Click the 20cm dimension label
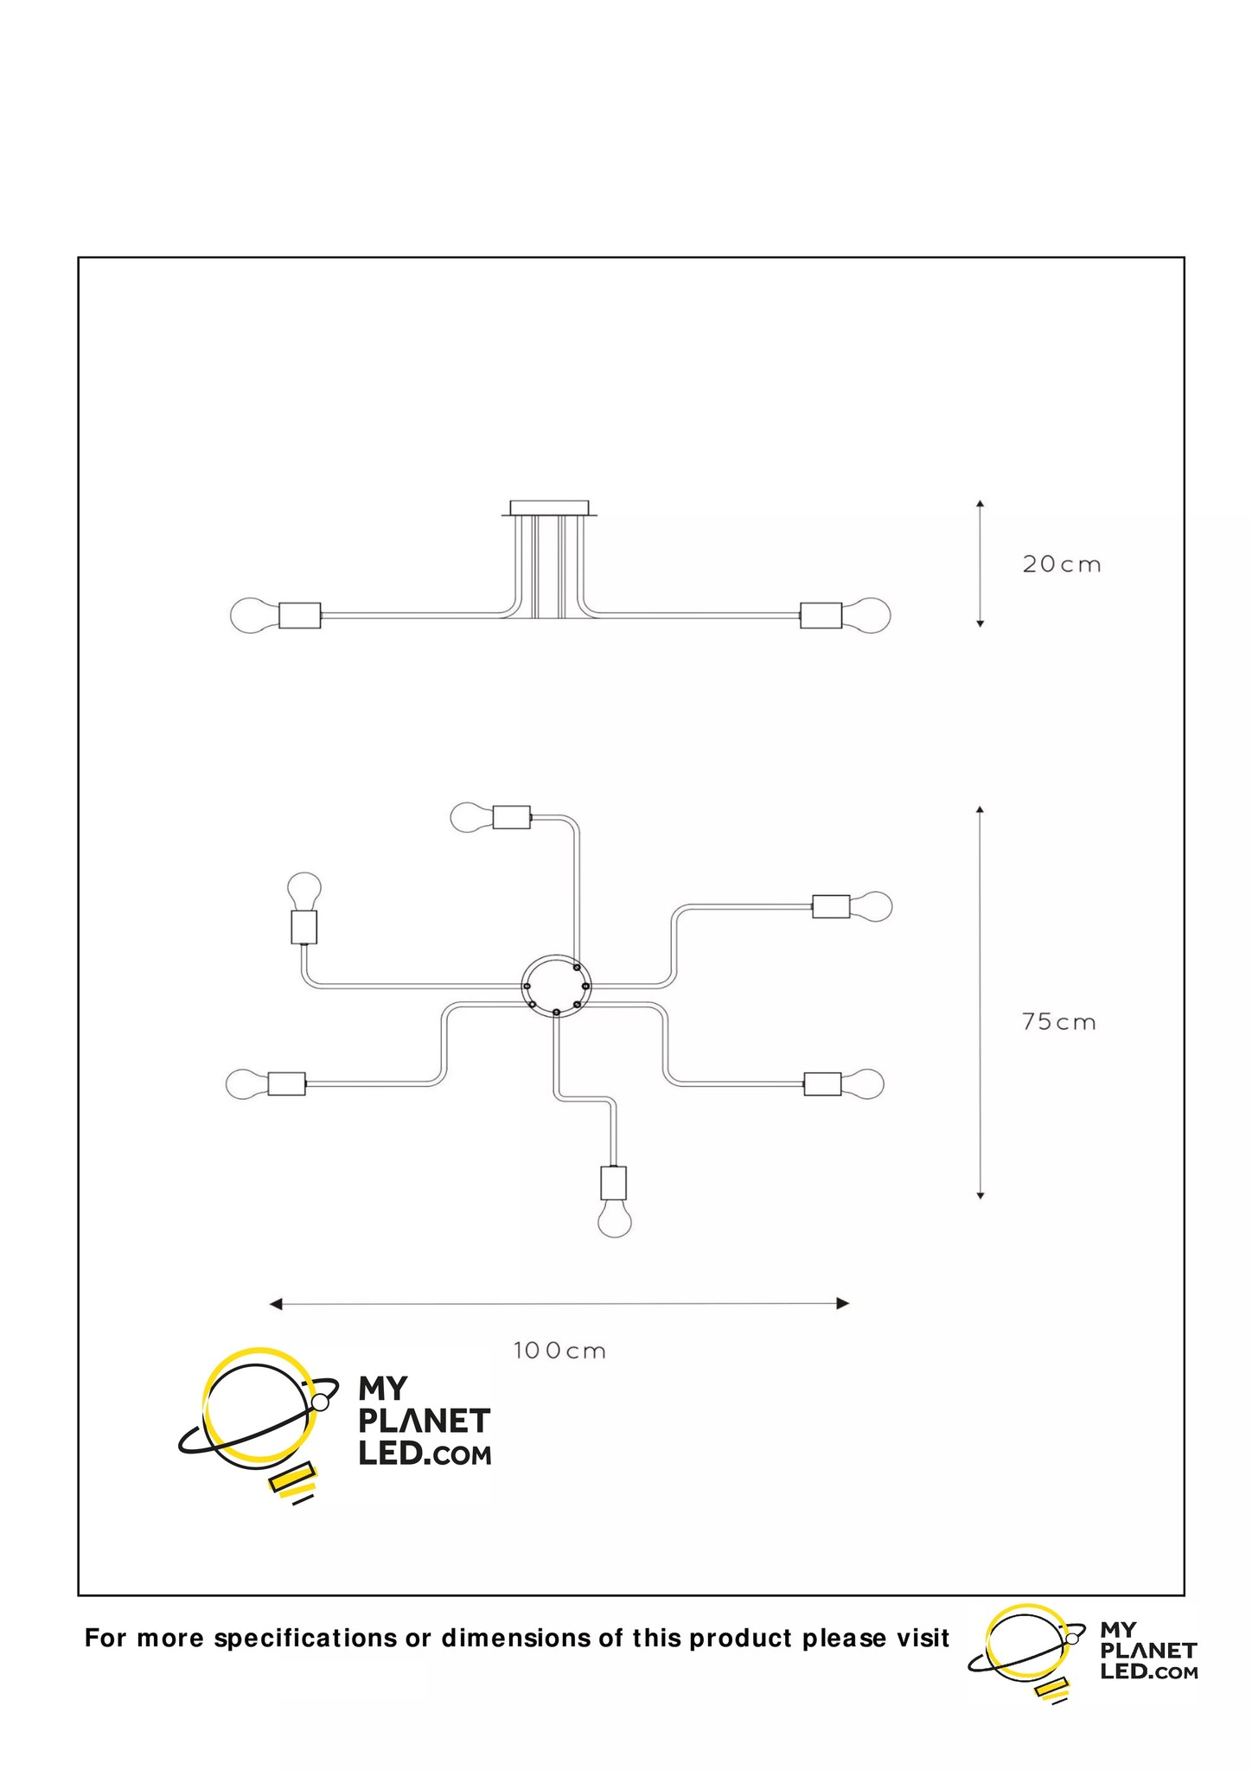tap(1062, 565)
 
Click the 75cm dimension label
tap(1058, 1022)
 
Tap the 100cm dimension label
tap(559, 1350)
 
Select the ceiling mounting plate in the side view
tap(550, 508)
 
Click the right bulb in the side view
tap(866, 616)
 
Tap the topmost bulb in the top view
tap(471, 816)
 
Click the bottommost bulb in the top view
tap(614, 1220)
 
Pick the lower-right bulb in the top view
tap(863, 1083)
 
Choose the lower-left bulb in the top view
tap(246, 1083)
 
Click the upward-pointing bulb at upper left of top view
tap(303, 890)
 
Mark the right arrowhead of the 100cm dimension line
tap(843, 1304)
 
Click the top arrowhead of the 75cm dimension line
tap(980, 809)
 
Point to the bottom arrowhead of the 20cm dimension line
tap(980, 623)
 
